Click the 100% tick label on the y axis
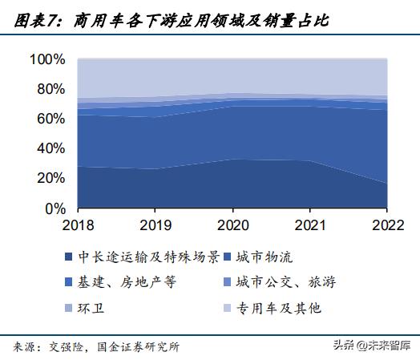tap(48, 60)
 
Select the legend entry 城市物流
tap(268, 257)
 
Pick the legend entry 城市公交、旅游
tap(285, 282)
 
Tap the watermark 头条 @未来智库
tap(371, 346)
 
